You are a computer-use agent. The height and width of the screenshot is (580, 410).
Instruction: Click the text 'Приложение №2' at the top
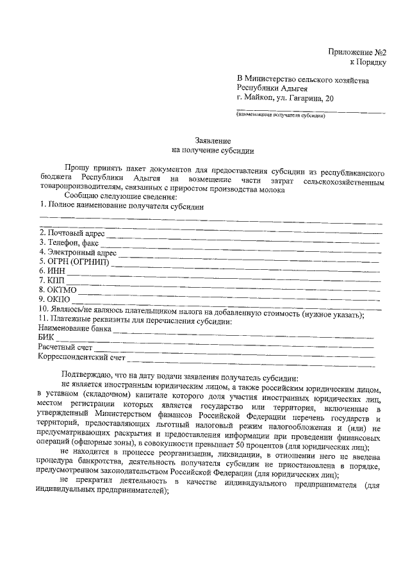pos(357,51)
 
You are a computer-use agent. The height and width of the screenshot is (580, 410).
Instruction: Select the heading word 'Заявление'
pos(213,140)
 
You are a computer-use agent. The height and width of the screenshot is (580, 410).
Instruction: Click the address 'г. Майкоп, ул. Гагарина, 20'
pos(284,99)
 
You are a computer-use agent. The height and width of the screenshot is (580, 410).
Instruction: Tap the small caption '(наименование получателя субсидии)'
pos(281,117)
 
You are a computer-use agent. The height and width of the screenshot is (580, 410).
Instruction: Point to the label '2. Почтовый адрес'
pos(71,233)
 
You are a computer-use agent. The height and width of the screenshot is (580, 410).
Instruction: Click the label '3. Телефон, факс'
pos(69,242)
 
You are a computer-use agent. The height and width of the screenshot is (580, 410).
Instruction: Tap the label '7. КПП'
pos(51,281)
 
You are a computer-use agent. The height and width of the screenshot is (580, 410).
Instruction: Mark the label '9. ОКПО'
pos(54,299)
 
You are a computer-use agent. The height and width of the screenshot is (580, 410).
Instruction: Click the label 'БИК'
pos(45,337)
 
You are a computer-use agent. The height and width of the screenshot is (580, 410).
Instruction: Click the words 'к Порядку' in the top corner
pos(368,62)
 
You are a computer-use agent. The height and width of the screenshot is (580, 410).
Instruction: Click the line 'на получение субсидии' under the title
pos(213,151)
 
